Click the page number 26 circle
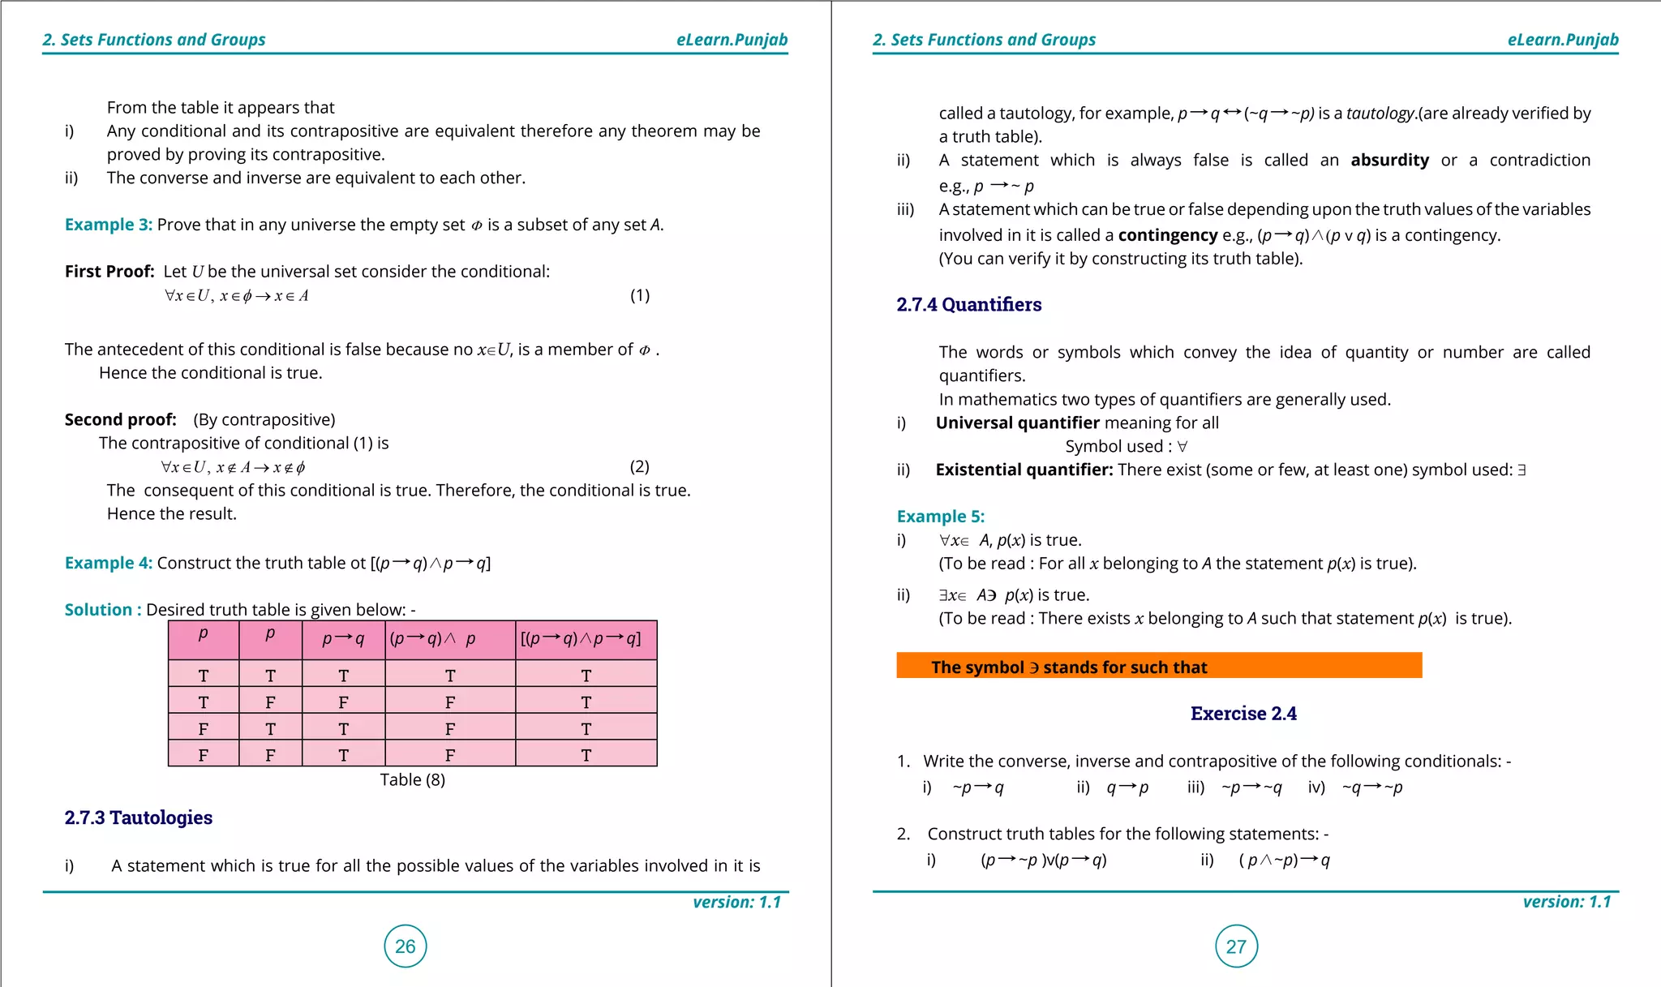click(x=405, y=946)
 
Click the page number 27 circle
click(x=1236, y=946)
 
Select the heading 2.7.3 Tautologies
click(x=138, y=817)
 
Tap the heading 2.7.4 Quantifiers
click(x=968, y=304)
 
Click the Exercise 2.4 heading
click(x=1243, y=714)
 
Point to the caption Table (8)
click(x=412, y=779)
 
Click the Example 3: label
click(x=108, y=225)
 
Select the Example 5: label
click(x=940, y=517)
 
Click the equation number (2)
click(x=639, y=466)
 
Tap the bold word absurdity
click(x=1389, y=161)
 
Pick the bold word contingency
click(x=1167, y=235)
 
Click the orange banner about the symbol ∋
click(x=1158, y=667)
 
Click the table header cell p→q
click(x=343, y=639)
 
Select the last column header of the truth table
click(x=585, y=639)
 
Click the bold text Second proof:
click(x=120, y=419)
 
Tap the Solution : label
click(x=103, y=610)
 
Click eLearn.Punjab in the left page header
click(x=732, y=40)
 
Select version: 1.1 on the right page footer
click(x=1566, y=902)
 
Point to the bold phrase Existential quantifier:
click(x=1024, y=470)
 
